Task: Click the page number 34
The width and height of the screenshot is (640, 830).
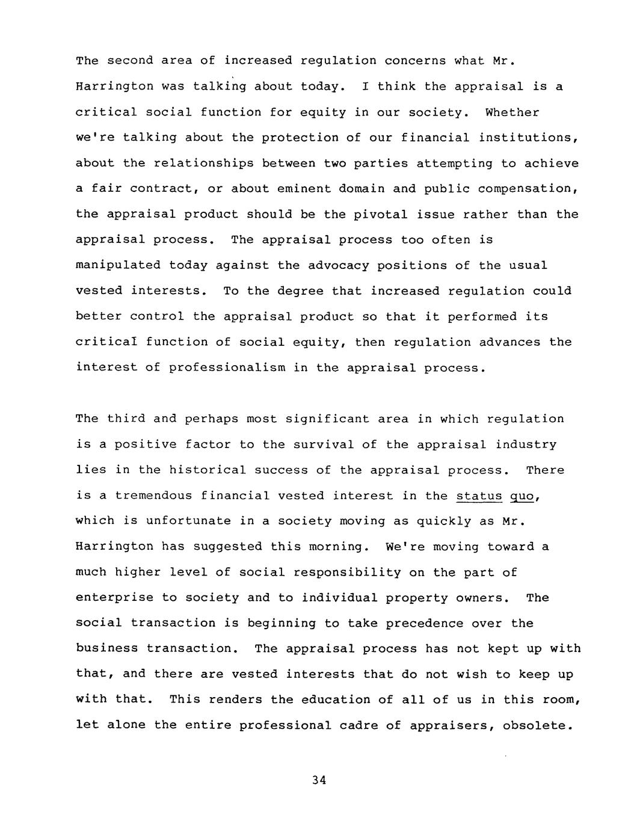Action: point(319,780)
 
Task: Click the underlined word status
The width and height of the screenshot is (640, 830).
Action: point(479,496)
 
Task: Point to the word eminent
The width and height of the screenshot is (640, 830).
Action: point(300,189)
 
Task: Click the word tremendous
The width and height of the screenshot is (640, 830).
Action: point(153,496)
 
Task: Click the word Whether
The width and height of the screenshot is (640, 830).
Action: point(512,112)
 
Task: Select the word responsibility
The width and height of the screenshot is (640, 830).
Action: point(347,573)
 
